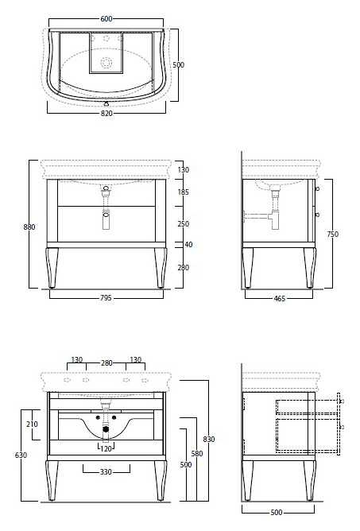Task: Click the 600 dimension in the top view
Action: tap(106, 18)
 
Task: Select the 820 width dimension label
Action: tap(106, 114)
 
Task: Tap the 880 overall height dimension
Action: tap(29, 227)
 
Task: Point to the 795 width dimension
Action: tap(106, 298)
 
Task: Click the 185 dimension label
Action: tap(184, 192)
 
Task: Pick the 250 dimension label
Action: tap(184, 224)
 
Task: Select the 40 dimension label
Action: tap(188, 245)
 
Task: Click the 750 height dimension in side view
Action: tap(332, 234)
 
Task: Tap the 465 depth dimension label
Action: tap(280, 298)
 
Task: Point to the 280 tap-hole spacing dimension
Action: tap(106, 363)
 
